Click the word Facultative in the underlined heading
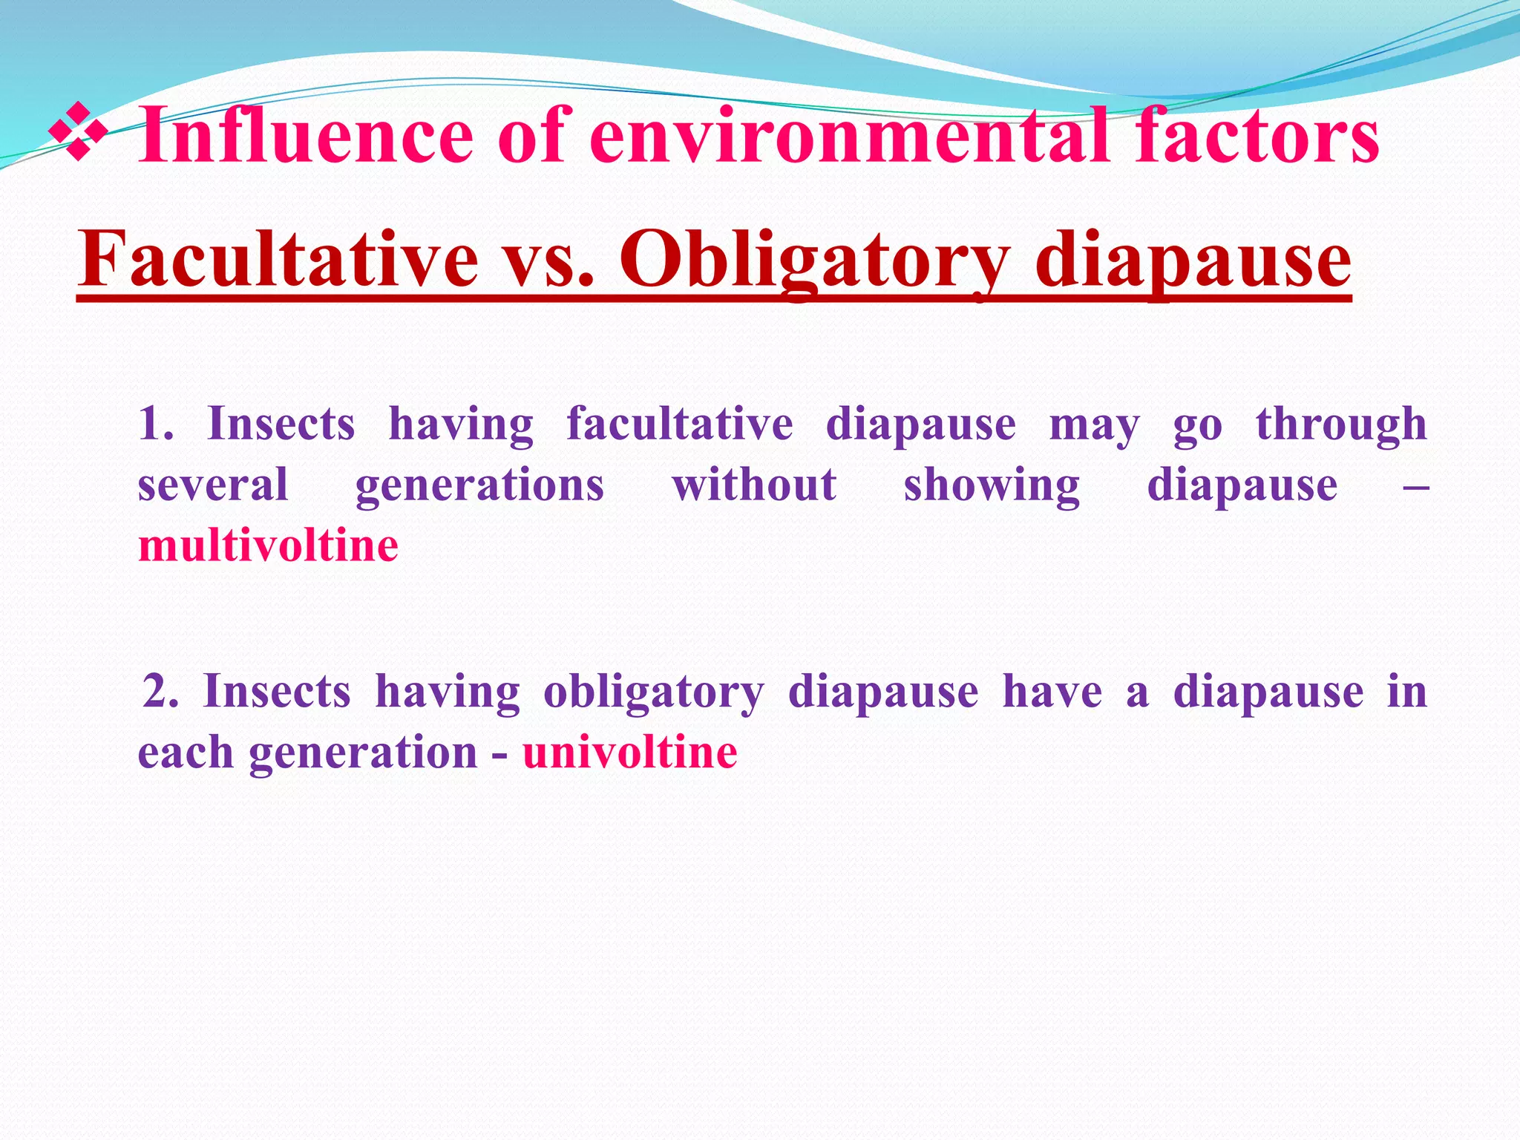point(279,260)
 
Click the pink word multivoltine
point(269,546)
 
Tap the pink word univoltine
point(630,752)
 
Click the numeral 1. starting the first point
point(156,424)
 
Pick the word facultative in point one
point(680,424)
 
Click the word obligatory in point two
point(653,692)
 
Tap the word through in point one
point(1341,425)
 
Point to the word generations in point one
point(479,486)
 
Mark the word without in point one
point(754,485)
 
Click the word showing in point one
point(992,486)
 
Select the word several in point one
point(213,485)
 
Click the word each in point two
point(186,752)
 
